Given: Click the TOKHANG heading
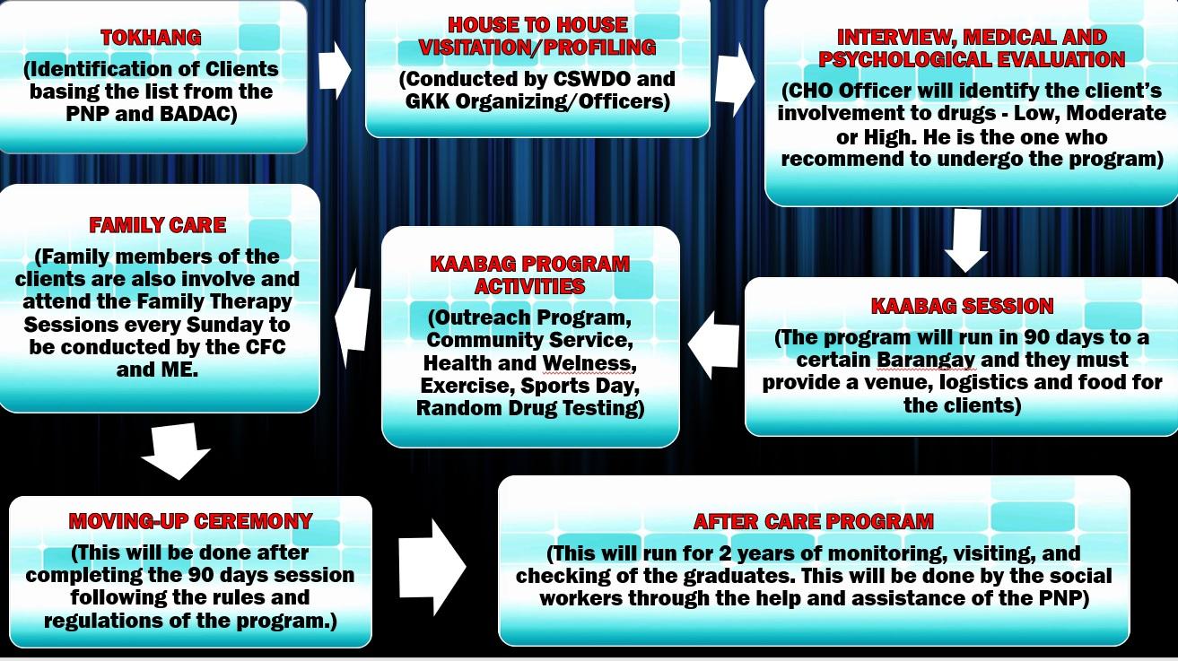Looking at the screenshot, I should point(151,38).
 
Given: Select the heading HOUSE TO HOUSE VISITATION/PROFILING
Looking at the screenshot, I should point(537,36).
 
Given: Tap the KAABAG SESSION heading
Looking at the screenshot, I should point(962,306).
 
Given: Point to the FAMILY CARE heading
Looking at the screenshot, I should point(157,225).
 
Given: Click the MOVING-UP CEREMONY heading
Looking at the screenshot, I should point(190,521).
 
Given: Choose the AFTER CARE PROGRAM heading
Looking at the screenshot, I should point(813,521).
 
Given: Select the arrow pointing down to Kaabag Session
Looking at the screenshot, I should point(966,240).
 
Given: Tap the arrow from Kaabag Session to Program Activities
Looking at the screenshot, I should point(712,345).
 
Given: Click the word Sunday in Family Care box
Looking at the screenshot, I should point(222,324).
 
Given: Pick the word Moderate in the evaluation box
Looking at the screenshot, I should point(1121,114).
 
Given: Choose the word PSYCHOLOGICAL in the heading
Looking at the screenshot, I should point(908,60).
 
